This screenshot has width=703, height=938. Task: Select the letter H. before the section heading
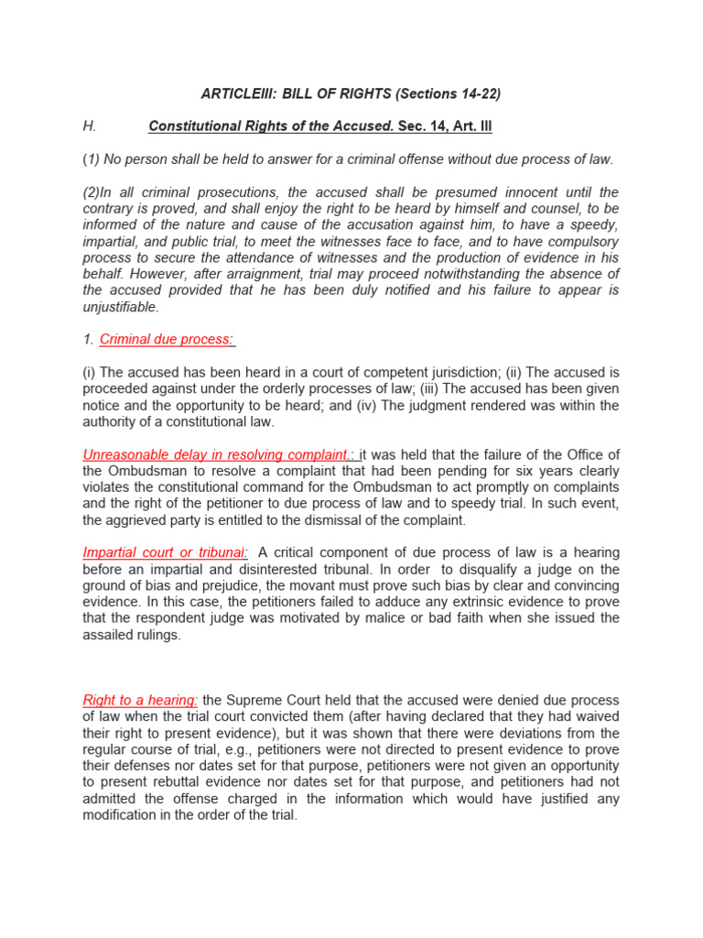(89, 126)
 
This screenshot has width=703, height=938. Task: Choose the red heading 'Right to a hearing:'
(140, 700)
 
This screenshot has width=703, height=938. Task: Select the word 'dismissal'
(341, 520)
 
